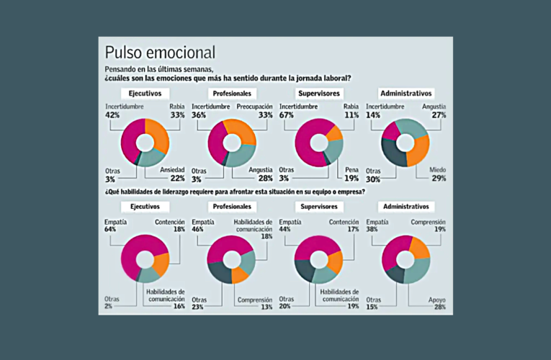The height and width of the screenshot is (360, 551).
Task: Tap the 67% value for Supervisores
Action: pos(285,115)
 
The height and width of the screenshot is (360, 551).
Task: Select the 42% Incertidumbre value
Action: pos(112,115)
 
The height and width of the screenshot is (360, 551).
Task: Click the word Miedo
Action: pos(438,169)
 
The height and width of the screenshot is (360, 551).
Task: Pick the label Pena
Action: pos(352,169)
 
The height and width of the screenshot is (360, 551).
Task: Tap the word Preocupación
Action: pos(254,107)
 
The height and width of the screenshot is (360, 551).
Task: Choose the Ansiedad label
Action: pos(173,169)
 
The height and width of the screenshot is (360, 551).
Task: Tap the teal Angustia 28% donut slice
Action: pos(242,153)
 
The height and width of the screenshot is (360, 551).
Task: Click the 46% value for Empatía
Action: pos(199,230)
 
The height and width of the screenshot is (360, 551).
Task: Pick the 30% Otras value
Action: pos(372,179)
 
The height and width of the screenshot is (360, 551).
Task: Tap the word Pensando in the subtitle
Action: pos(122,68)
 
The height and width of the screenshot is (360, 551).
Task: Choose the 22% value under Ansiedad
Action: pos(177,179)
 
